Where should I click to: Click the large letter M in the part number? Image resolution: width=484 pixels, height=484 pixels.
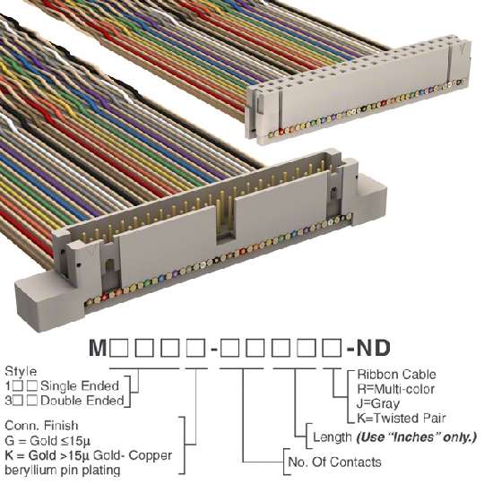(x=98, y=348)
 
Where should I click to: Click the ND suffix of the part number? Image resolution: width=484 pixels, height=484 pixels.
(x=373, y=348)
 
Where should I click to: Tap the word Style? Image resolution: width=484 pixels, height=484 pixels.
(x=21, y=372)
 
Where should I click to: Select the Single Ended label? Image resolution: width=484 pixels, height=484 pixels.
(x=80, y=385)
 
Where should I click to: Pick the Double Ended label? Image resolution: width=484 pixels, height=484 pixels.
(x=82, y=401)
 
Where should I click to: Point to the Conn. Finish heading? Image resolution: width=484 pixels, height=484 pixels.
(x=41, y=426)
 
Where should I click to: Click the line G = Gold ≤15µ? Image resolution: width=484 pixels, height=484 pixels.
(x=48, y=441)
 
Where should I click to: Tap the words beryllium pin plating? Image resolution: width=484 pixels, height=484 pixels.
(x=63, y=471)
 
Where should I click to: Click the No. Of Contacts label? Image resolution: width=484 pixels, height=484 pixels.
(x=334, y=462)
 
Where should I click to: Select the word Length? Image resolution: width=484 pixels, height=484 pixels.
(x=333, y=437)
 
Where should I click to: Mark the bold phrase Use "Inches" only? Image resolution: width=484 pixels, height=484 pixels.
(x=417, y=437)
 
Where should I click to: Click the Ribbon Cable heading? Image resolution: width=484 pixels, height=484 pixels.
(x=397, y=375)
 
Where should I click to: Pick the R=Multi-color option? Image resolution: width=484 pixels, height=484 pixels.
(x=396, y=389)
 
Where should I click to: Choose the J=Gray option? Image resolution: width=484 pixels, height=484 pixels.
(x=378, y=403)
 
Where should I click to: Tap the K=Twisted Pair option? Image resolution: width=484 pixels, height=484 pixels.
(x=402, y=419)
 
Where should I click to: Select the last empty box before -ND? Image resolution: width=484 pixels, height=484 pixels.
(x=332, y=348)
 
